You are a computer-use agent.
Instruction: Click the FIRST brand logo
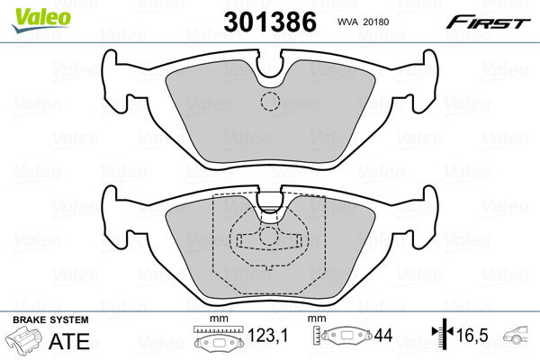pyautogui.click(x=490, y=21)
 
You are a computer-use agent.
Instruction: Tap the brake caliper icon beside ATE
pyautogui.click(x=26, y=342)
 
